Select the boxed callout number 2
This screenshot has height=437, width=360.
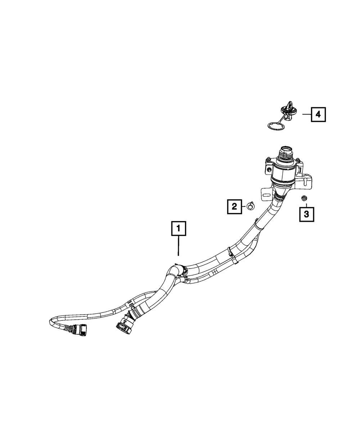click(234, 206)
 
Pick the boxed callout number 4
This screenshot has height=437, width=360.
click(318, 114)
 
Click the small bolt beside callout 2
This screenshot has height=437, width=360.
click(249, 206)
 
